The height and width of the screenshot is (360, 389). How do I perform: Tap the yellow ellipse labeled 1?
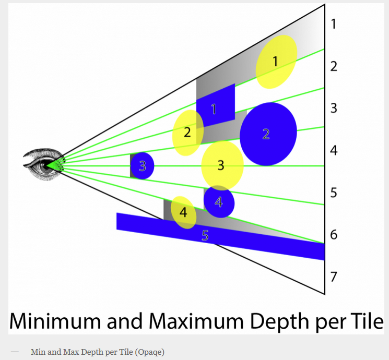[x=276, y=62]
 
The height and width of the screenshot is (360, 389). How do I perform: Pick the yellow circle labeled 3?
[x=222, y=165]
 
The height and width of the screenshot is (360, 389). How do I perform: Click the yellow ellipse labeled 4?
[x=183, y=212]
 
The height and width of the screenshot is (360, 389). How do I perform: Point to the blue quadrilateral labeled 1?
[x=215, y=106]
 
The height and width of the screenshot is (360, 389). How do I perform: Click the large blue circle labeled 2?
[x=268, y=134]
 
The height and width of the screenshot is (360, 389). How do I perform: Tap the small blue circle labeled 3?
[x=142, y=166]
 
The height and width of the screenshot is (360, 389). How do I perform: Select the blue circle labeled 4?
[x=219, y=201]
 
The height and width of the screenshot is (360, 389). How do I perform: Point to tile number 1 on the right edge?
[x=334, y=23]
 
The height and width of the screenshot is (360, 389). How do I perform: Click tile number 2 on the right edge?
[x=334, y=66]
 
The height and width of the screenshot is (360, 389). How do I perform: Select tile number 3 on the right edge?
[x=334, y=109]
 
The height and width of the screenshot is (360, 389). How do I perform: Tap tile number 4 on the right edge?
[x=334, y=151]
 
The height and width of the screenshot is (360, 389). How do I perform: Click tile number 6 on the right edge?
[x=334, y=235]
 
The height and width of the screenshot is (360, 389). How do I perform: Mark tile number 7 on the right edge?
[x=334, y=277]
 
